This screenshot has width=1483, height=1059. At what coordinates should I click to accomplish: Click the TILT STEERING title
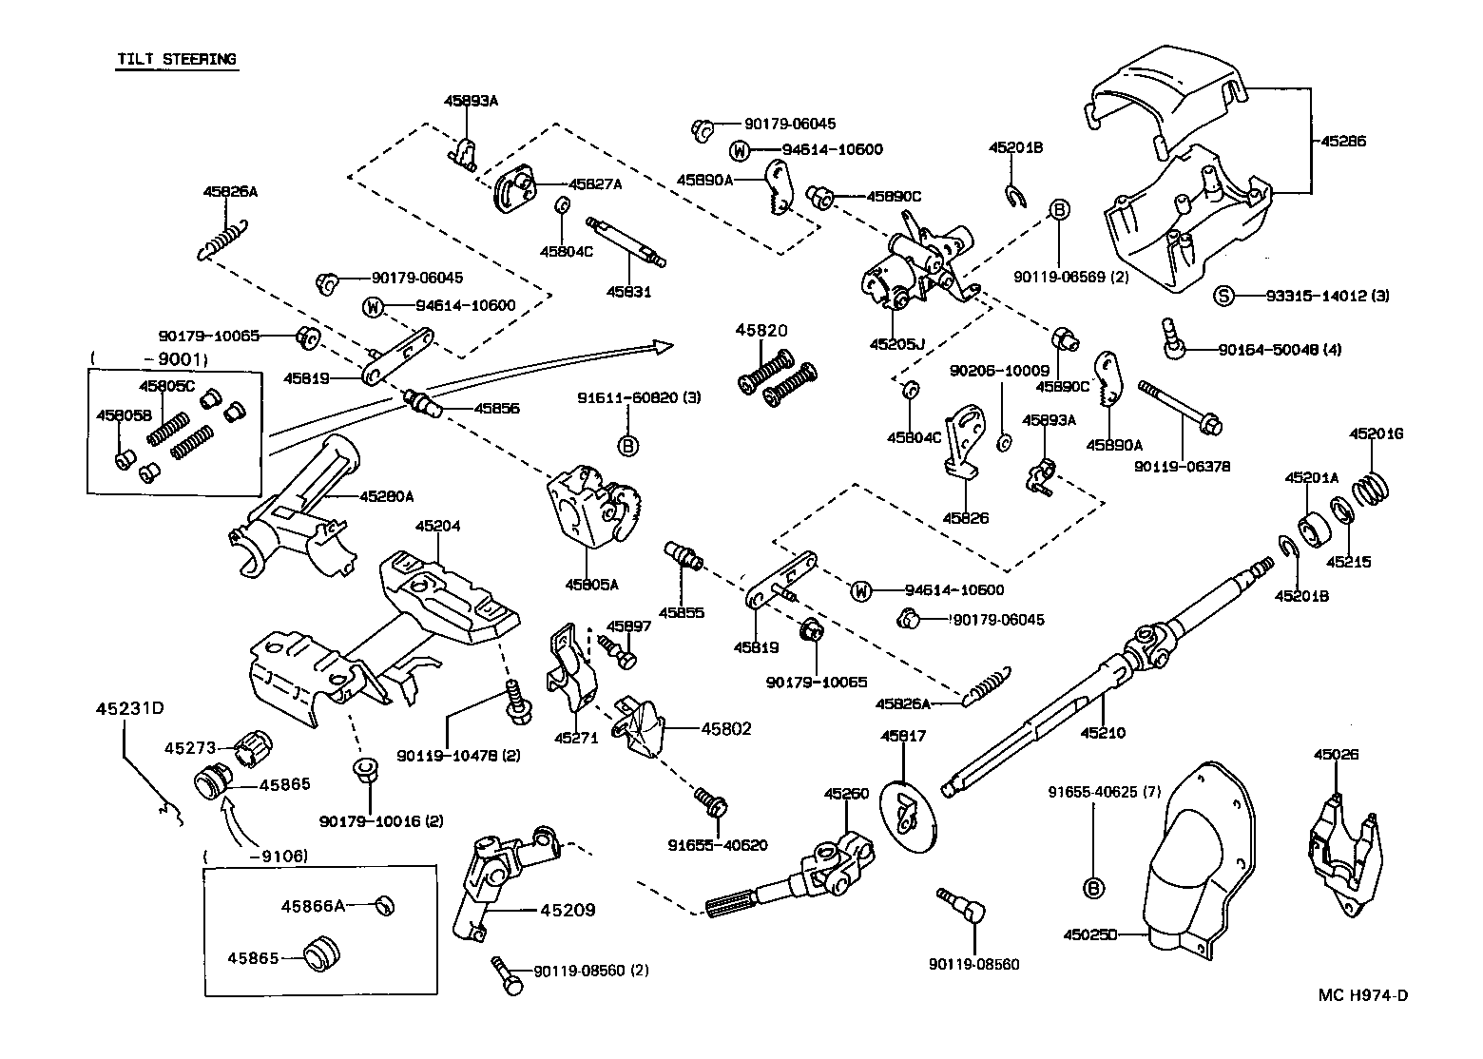(176, 59)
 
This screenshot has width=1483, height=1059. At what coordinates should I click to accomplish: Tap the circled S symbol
(1224, 296)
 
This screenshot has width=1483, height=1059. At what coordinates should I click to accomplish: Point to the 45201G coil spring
(1372, 489)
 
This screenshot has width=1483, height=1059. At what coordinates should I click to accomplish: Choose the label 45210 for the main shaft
(1103, 732)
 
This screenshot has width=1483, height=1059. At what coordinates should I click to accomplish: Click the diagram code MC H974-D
(1362, 995)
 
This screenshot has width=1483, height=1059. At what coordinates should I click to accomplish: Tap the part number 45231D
(130, 708)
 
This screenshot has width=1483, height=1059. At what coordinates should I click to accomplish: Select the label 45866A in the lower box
(312, 906)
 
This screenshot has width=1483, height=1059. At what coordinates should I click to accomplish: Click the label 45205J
(897, 344)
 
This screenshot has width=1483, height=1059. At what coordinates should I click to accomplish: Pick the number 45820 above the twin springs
(761, 331)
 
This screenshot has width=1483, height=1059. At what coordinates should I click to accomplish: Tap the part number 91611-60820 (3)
(639, 397)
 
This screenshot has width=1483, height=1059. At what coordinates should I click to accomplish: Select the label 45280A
(387, 495)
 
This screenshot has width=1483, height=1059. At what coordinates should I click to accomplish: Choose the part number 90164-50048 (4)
(1280, 349)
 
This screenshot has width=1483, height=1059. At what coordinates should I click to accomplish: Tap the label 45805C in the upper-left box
(166, 386)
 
